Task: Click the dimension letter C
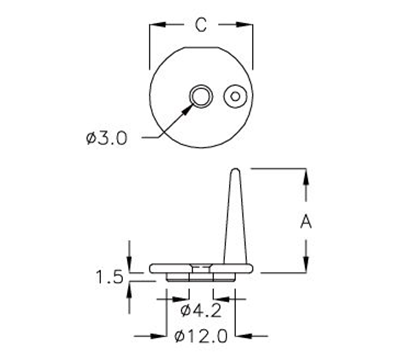200,21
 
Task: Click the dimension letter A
307,223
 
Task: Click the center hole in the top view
200,96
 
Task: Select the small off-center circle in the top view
236,96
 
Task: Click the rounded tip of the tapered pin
236,172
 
